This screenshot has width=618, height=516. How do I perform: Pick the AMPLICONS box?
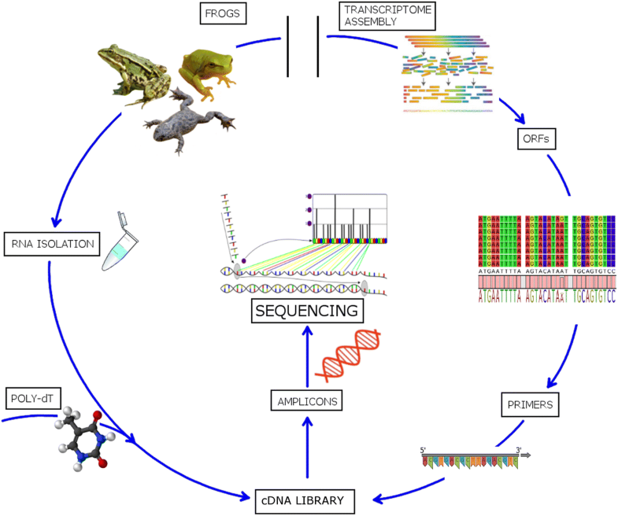308,401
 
